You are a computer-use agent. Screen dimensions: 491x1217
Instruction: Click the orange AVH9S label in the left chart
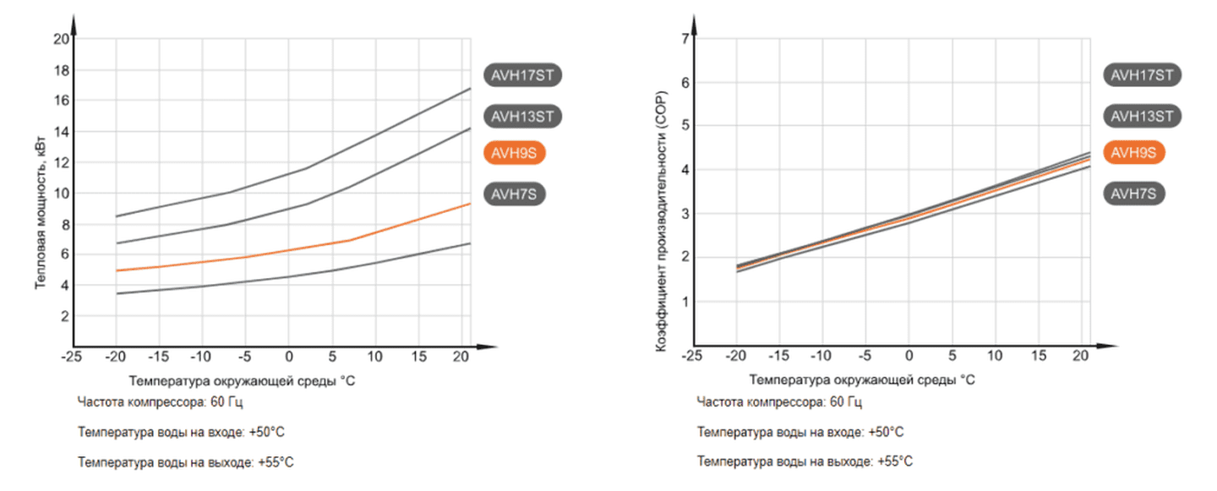(x=515, y=153)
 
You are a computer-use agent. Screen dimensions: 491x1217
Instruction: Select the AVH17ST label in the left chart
(x=523, y=74)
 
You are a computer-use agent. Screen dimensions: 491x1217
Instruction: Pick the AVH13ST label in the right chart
(x=1142, y=116)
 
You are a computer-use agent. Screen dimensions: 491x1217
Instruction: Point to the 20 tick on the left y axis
(x=61, y=39)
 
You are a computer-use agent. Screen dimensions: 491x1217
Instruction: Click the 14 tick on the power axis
(x=61, y=132)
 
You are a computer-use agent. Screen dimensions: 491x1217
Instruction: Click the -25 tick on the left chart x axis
(x=71, y=357)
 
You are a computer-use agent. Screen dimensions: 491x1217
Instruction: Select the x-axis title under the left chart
(x=243, y=380)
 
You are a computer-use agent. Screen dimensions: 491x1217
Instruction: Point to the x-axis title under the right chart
(x=861, y=380)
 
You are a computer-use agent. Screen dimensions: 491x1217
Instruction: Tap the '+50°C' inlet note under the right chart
(x=885, y=432)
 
